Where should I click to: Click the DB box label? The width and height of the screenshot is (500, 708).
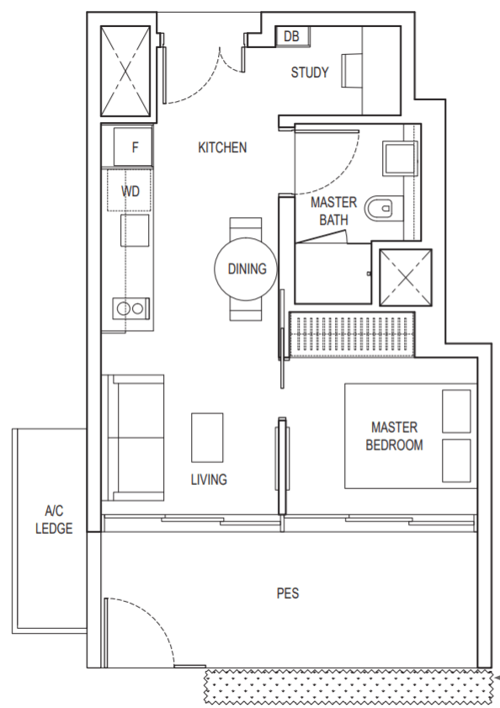[x=291, y=36]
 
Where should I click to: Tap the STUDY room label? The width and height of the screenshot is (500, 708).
[x=310, y=72]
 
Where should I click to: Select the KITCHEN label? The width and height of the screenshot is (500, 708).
[x=222, y=147]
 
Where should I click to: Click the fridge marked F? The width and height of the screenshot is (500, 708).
[x=132, y=146]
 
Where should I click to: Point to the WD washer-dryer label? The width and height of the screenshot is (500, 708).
[x=130, y=191]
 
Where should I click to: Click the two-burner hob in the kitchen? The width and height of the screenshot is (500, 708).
[x=130, y=308]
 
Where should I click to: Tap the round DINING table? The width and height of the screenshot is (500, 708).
[x=246, y=269]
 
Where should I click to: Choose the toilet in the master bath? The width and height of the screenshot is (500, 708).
[x=379, y=208]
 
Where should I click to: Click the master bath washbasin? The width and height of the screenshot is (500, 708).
[x=399, y=158]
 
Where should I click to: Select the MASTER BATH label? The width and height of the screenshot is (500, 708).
[x=334, y=210]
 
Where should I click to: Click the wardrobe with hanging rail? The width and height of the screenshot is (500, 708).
[x=351, y=334]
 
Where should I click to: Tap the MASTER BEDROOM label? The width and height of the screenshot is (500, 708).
[x=394, y=436]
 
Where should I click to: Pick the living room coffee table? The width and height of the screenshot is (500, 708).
[x=207, y=437]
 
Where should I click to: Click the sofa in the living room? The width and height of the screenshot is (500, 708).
[x=132, y=438]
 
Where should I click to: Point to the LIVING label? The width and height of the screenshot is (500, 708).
[x=209, y=480]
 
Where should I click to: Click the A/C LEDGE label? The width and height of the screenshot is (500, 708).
[x=54, y=519]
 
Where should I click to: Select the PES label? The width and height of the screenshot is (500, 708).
[x=288, y=594]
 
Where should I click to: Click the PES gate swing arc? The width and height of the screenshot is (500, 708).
[x=155, y=617]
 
